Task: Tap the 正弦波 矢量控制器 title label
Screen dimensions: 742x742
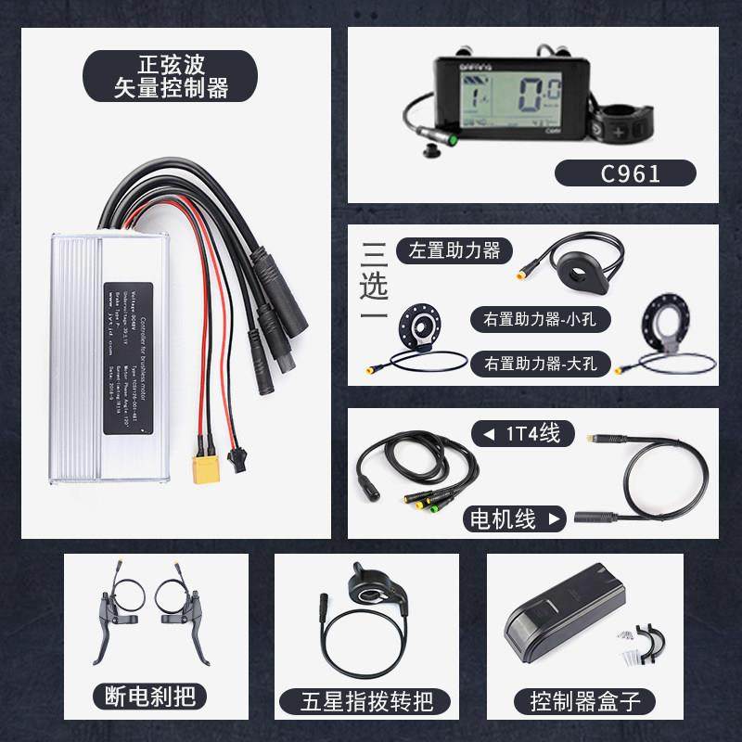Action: (170, 77)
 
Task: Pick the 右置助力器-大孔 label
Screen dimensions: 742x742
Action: (539, 363)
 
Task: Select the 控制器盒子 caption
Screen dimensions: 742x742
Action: (585, 699)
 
